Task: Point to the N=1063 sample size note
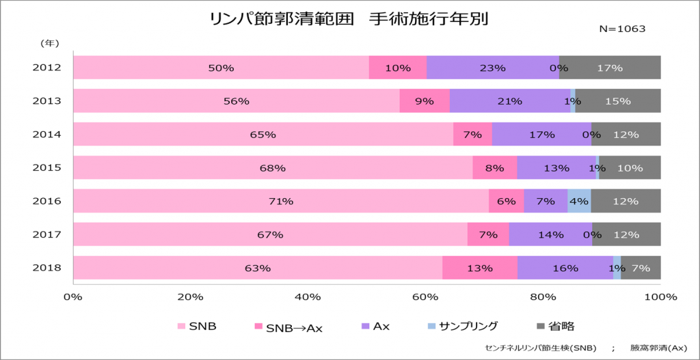622,29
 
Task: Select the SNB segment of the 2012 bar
221,68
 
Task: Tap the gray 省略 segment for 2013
618,101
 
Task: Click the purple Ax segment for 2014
541,135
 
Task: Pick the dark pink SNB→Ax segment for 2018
479,268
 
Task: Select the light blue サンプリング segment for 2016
579,201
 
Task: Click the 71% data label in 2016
281,202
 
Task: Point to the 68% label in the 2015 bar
272,168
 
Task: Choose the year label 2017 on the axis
47,234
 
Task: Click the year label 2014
47,135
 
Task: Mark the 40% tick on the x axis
308,297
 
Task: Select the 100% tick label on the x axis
660,297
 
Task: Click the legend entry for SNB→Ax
288,327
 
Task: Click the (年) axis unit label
49,43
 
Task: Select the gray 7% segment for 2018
641,268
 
